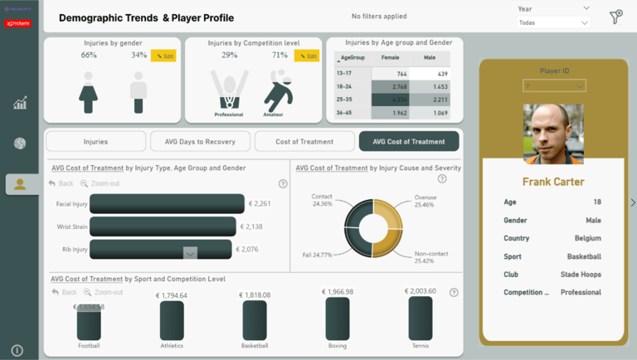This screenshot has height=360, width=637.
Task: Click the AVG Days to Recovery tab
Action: coord(200,142)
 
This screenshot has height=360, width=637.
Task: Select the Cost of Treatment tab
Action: coord(304,142)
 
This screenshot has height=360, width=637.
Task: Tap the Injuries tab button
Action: coord(95,142)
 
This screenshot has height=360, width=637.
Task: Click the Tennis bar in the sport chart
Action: coord(421,319)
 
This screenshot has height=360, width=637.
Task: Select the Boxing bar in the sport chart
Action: coord(338,319)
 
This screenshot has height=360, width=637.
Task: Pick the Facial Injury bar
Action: coord(167,203)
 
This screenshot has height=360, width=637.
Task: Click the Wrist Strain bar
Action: coord(163,226)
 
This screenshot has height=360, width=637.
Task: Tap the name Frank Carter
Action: coord(553,182)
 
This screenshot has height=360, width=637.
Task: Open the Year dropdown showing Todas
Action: coord(553,22)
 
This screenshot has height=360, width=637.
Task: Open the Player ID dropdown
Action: coord(554,85)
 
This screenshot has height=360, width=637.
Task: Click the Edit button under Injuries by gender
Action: coord(163,56)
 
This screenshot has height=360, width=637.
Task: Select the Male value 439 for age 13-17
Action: coord(440,74)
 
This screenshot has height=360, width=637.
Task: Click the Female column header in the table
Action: coord(389,59)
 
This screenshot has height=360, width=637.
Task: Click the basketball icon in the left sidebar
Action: coord(20,144)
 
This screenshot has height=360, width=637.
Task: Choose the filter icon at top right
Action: coord(615,17)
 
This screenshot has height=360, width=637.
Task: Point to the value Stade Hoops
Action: coord(581,275)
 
